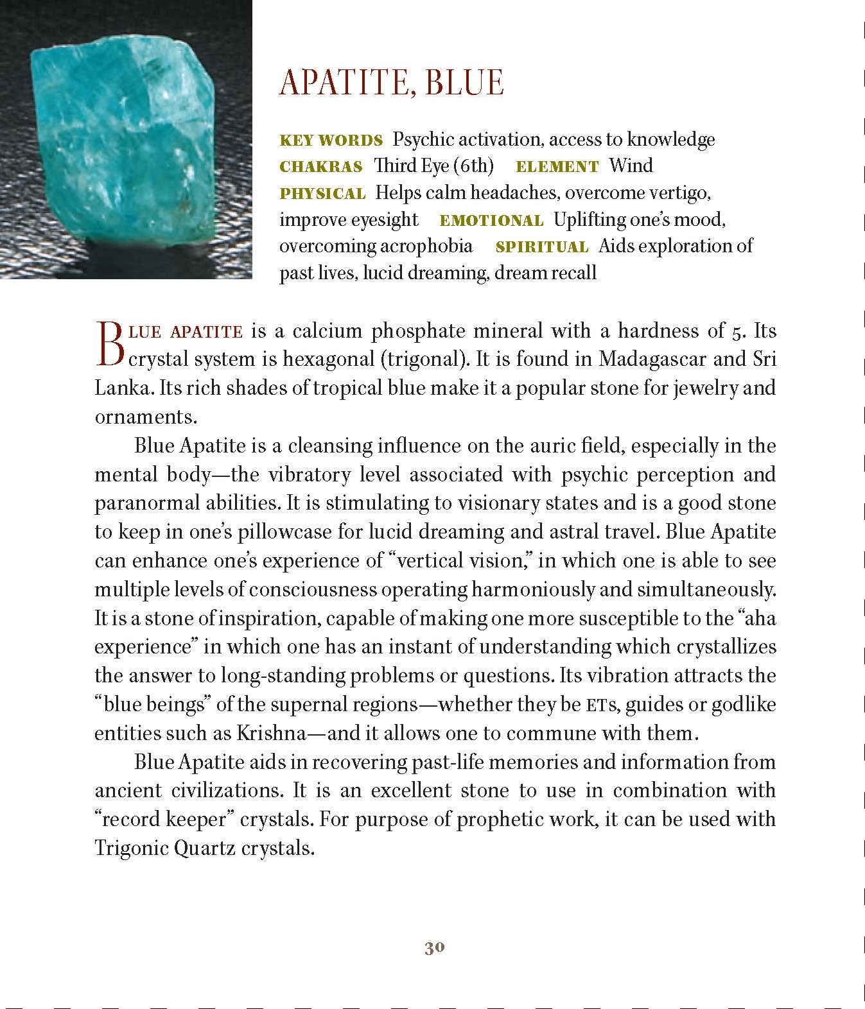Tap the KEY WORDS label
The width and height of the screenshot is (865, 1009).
click(331, 140)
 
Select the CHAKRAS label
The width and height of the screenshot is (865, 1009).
click(321, 167)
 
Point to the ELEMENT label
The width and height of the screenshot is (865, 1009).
click(557, 167)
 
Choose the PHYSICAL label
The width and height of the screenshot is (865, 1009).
click(322, 193)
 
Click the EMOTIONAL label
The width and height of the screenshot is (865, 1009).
click(491, 221)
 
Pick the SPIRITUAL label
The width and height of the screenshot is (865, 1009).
click(542, 247)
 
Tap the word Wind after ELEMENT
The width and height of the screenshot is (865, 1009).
click(631, 166)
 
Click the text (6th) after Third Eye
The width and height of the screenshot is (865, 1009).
click(473, 166)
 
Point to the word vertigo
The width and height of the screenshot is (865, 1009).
click(681, 193)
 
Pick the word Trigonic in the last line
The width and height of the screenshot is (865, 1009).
click(131, 848)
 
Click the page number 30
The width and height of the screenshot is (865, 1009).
click(435, 948)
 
